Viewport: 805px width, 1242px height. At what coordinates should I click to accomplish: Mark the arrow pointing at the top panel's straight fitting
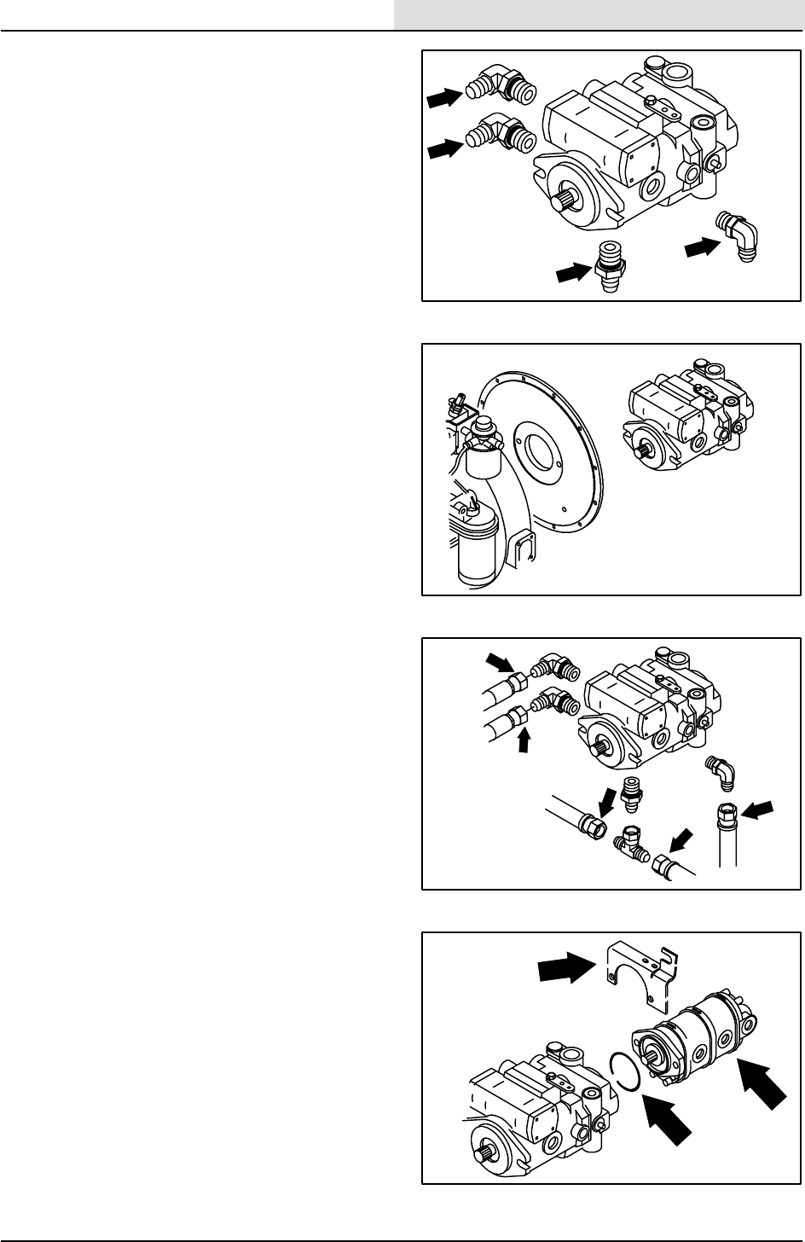tap(574, 272)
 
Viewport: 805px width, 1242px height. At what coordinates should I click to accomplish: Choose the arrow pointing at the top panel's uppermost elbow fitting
tap(443, 99)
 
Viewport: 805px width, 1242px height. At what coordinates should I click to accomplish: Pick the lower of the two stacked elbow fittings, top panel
tap(504, 137)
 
